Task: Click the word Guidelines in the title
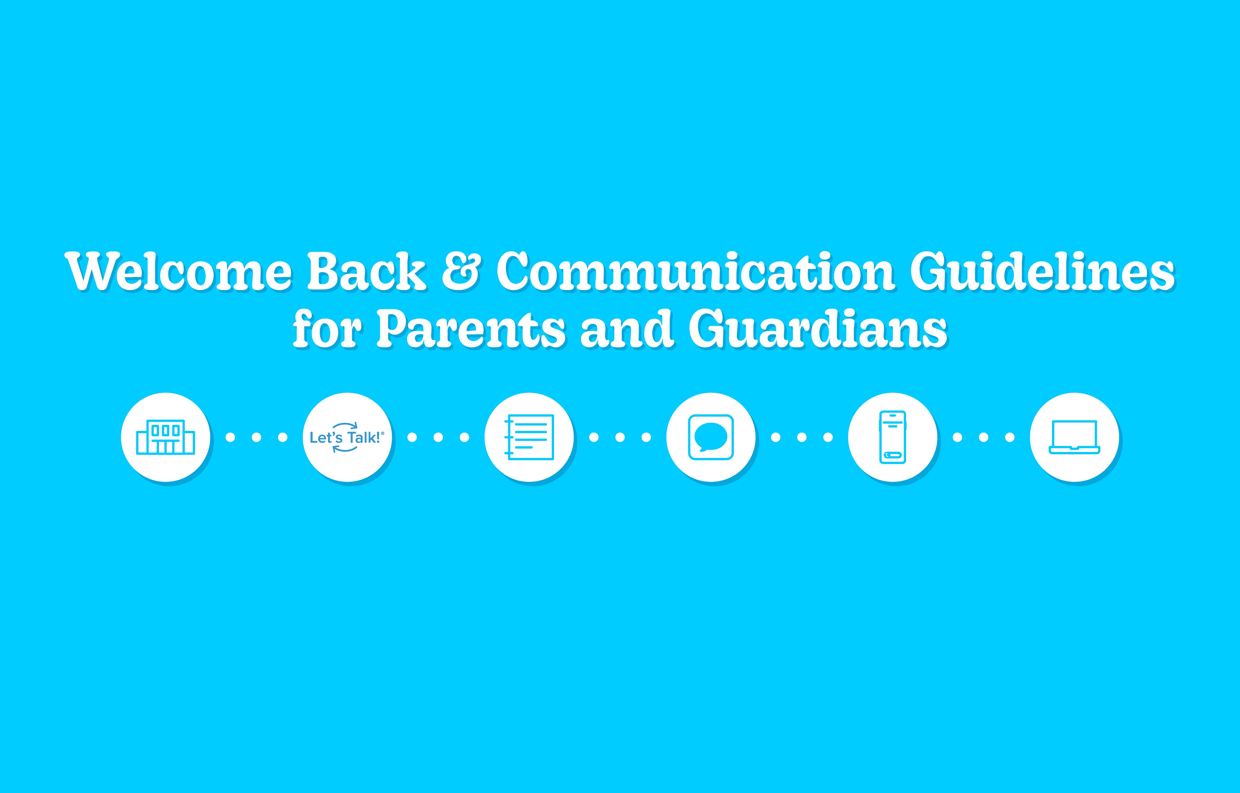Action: click(1043, 271)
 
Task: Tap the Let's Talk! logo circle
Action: click(347, 437)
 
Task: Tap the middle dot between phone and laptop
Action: click(984, 437)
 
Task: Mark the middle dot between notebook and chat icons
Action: click(620, 437)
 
